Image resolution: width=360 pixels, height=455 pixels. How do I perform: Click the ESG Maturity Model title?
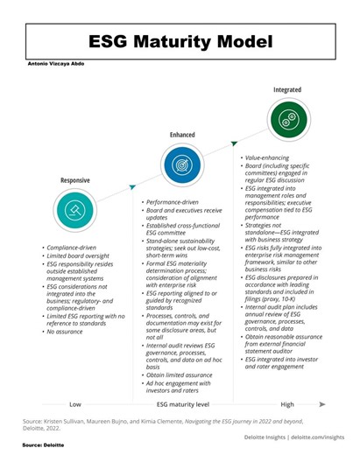180,41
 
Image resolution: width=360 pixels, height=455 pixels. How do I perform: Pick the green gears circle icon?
288,120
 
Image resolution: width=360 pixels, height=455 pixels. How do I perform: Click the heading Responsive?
74,180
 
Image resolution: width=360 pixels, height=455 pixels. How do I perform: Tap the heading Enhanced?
182,135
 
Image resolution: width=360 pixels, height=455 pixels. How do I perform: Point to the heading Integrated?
288,90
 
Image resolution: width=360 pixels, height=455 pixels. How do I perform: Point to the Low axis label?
75,404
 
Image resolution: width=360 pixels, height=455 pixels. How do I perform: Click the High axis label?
287,404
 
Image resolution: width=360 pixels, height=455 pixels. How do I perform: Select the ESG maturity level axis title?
183,404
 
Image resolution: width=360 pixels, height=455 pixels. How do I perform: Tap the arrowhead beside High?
323,404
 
